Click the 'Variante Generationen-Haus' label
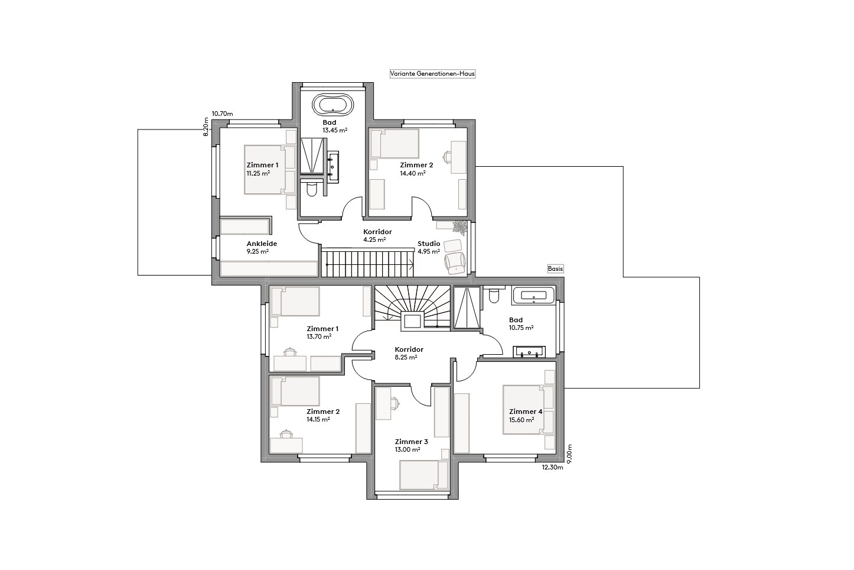tap(432, 74)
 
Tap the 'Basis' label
tap(555, 268)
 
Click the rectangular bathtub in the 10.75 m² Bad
tap(533, 296)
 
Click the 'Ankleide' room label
tap(262, 244)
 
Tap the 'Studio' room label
tap(429, 244)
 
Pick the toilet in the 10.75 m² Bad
tap(494, 296)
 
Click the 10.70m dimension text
tap(223, 114)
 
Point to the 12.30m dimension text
tap(553, 468)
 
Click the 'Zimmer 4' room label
tap(526, 412)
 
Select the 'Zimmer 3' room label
tap(412, 442)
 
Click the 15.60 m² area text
tap(521, 420)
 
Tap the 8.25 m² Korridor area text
tap(406, 358)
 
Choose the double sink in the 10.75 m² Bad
tap(529, 352)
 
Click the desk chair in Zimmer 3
tap(395, 404)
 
